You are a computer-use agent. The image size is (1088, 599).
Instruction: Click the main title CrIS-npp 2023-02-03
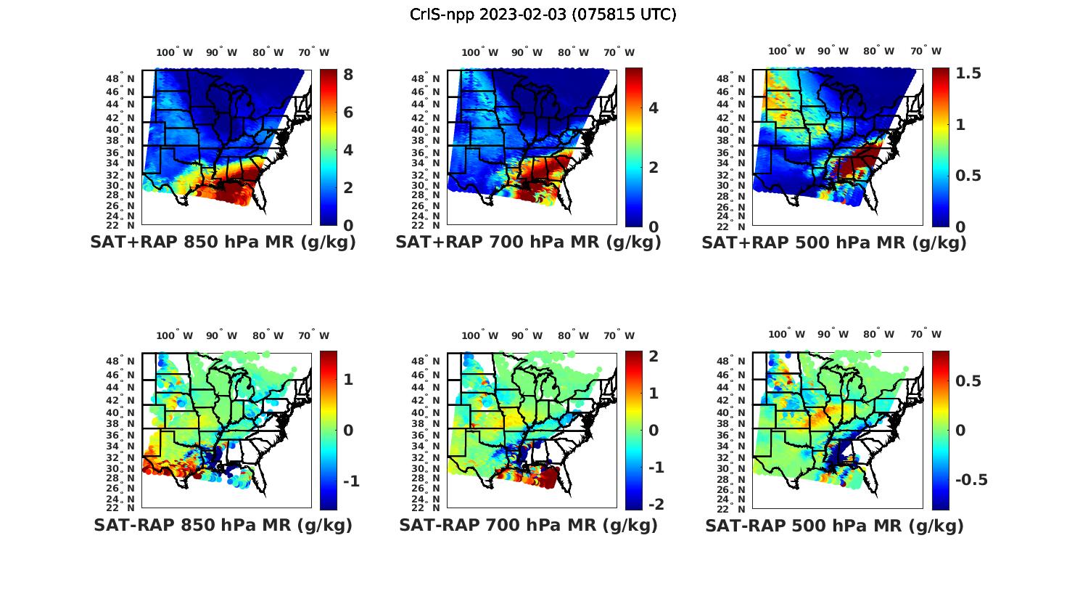pos(543,15)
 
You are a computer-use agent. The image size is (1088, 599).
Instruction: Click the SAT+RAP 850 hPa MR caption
pos(223,243)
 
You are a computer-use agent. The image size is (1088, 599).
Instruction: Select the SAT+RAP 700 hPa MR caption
pos(528,243)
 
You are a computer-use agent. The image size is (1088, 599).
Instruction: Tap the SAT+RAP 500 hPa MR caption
pos(834,243)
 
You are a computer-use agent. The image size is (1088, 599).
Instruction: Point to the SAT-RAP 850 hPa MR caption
pos(223,525)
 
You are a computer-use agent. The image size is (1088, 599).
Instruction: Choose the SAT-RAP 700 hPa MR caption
pos(528,525)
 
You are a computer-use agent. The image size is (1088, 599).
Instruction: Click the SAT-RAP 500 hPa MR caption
pos(834,525)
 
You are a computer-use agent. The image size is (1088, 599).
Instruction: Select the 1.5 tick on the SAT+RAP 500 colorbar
pos(968,73)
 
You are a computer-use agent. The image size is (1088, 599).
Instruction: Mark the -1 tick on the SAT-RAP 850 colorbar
pos(351,481)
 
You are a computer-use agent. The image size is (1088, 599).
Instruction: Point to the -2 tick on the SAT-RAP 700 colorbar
pos(656,505)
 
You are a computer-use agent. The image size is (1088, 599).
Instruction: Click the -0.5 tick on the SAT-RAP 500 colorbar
pos(971,480)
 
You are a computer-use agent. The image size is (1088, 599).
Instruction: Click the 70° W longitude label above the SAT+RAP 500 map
pos(926,51)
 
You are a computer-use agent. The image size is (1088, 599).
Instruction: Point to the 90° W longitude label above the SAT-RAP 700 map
pos(527,335)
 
